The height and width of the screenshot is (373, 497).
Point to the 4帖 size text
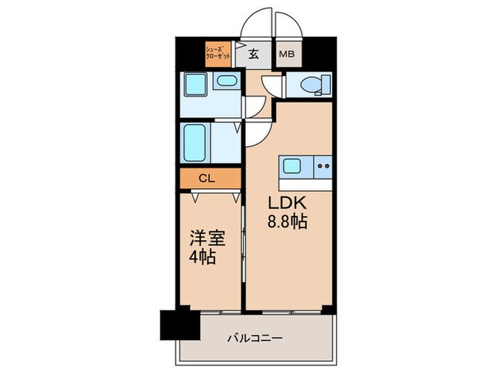coord(204,256)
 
